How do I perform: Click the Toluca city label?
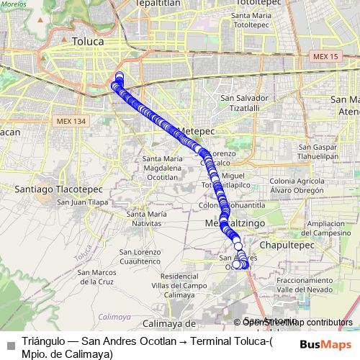pos(88,42)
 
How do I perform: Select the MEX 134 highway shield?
pos(71,121)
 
